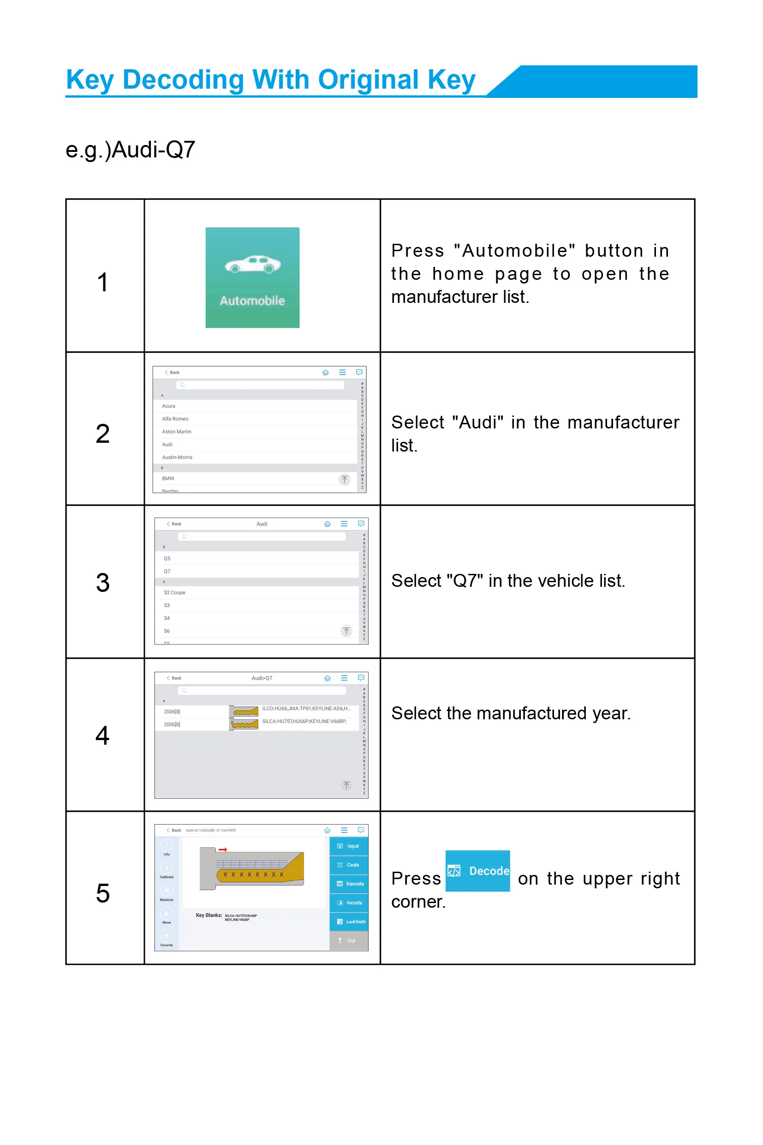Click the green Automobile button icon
coord(252,277)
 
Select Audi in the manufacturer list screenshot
coord(167,444)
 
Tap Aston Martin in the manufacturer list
coord(177,432)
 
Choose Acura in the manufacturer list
coord(169,406)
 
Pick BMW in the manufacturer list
coord(168,478)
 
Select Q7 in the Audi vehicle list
coord(167,571)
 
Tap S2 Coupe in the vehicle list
coord(175,592)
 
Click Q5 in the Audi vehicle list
coord(167,558)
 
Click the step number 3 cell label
coord(103,583)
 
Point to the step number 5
coord(103,893)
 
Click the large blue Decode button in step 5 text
coord(477,871)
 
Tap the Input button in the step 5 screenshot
coord(349,846)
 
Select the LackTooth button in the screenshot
coord(349,922)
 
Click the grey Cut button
coord(349,940)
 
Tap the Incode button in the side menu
coord(349,903)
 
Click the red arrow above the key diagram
coord(223,850)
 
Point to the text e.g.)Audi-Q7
coord(131,150)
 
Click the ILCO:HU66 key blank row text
coord(306,709)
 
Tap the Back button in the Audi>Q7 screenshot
coord(174,678)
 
